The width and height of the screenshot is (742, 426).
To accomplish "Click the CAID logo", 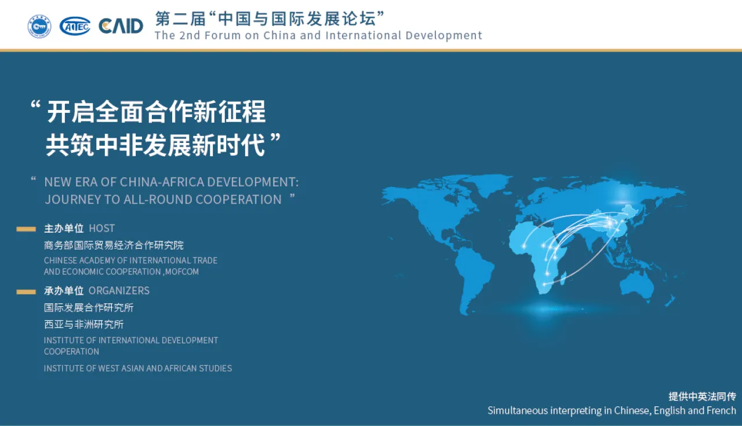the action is point(121,26).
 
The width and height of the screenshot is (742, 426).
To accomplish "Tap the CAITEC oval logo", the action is point(75,26).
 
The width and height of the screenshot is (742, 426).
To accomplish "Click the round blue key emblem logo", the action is point(39,26).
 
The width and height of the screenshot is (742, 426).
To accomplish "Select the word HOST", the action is point(101,228).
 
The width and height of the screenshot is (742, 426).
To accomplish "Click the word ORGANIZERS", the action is point(119,291).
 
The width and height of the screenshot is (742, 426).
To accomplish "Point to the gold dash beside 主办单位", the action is point(26,229).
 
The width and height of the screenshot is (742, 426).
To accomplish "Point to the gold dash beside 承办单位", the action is point(26,291).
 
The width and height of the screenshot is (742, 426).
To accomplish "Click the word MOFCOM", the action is point(182,271).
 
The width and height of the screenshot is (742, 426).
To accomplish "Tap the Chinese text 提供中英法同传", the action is point(702,396).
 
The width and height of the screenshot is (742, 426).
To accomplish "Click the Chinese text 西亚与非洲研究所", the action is point(84,324).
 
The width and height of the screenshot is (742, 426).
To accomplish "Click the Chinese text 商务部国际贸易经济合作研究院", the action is point(114,245).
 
